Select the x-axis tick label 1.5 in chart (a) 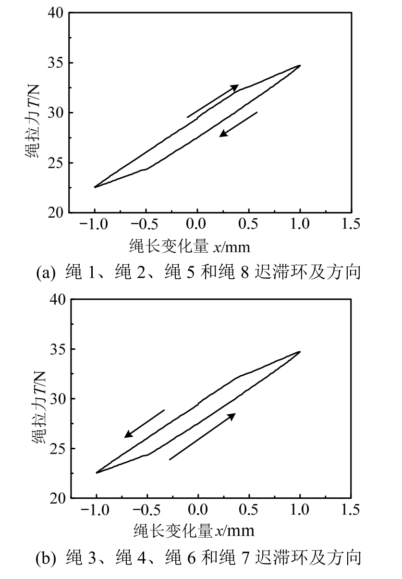352,224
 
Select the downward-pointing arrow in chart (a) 238,124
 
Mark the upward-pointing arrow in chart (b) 202,436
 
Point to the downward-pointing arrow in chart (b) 144,424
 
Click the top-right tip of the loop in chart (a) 300,65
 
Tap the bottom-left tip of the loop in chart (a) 95,187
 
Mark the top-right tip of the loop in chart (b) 300,352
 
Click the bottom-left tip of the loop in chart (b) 97,473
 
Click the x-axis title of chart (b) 194,530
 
